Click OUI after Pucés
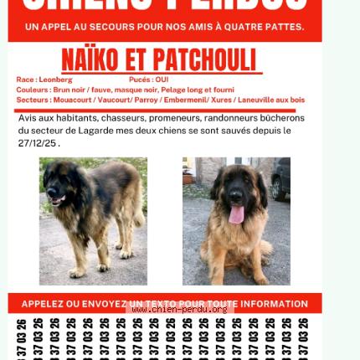tap(162, 80)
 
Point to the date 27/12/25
tap(38, 142)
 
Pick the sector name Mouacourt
tap(73, 100)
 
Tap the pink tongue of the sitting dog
tap(236, 215)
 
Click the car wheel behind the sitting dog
tap(275, 188)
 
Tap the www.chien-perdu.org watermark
tap(179, 309)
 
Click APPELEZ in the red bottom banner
tap(48, 304)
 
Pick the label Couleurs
tap(33, 90)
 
